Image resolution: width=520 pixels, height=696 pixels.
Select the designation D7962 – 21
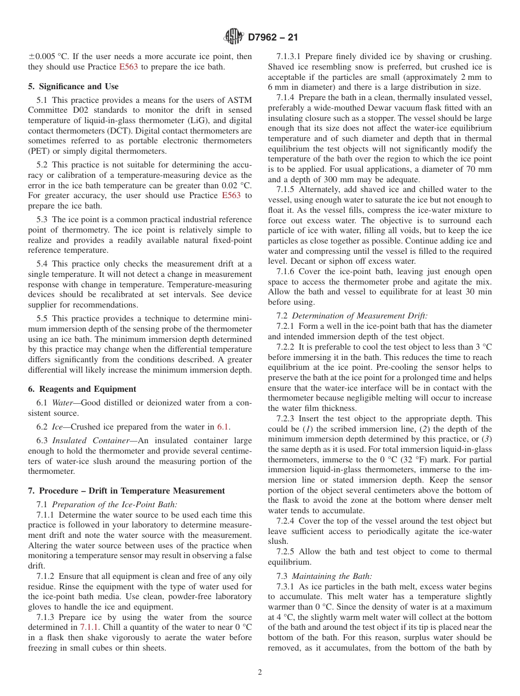tap(273, 38)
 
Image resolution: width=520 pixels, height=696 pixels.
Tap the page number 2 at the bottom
tap(260, 672)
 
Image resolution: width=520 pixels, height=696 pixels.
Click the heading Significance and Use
tap(73, 86)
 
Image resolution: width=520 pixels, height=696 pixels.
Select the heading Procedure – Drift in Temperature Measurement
tap(126, 491)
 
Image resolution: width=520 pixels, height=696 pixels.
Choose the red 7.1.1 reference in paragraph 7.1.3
tap(90, 628)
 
